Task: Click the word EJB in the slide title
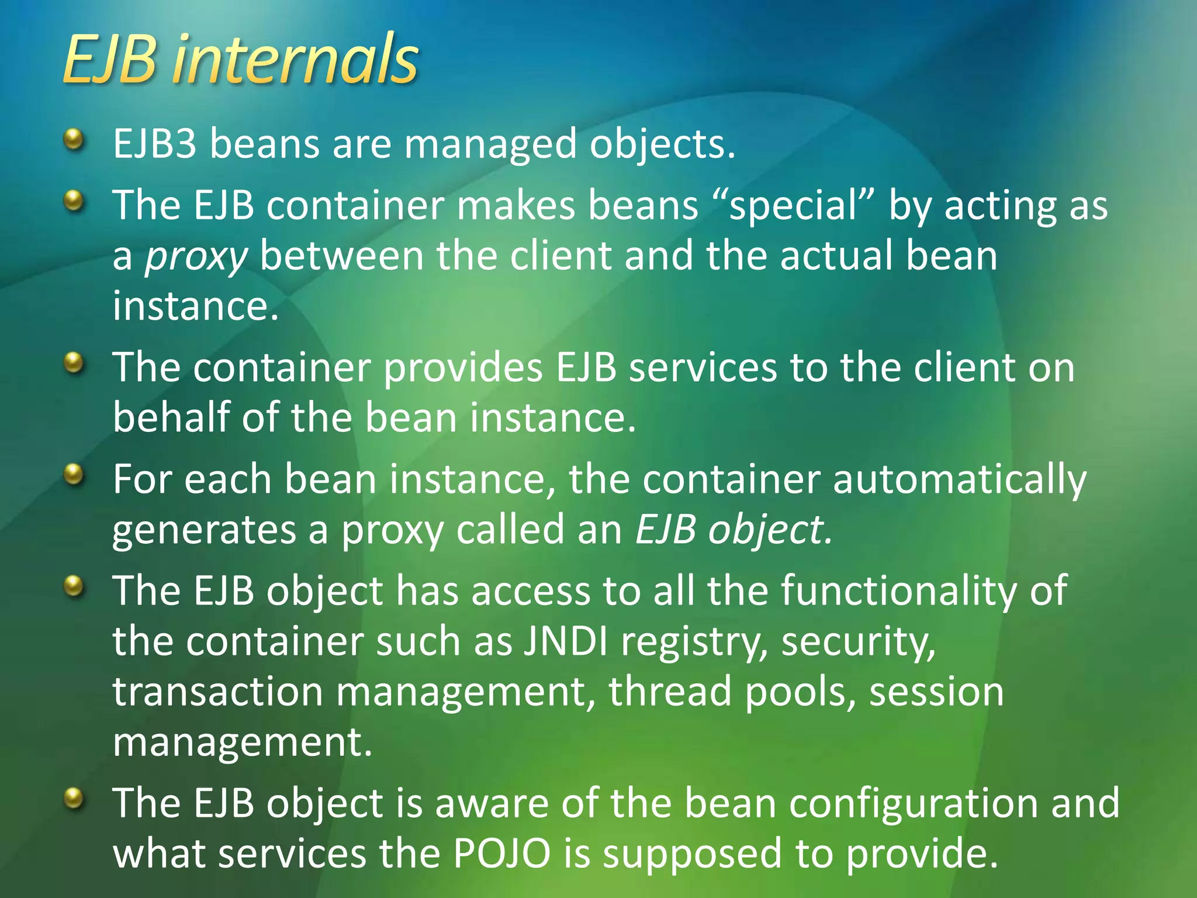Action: tap(110, 60)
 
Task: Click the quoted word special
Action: tap(794, 207)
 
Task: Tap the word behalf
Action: tap(171, 417)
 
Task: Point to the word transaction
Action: tap(217, 692)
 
